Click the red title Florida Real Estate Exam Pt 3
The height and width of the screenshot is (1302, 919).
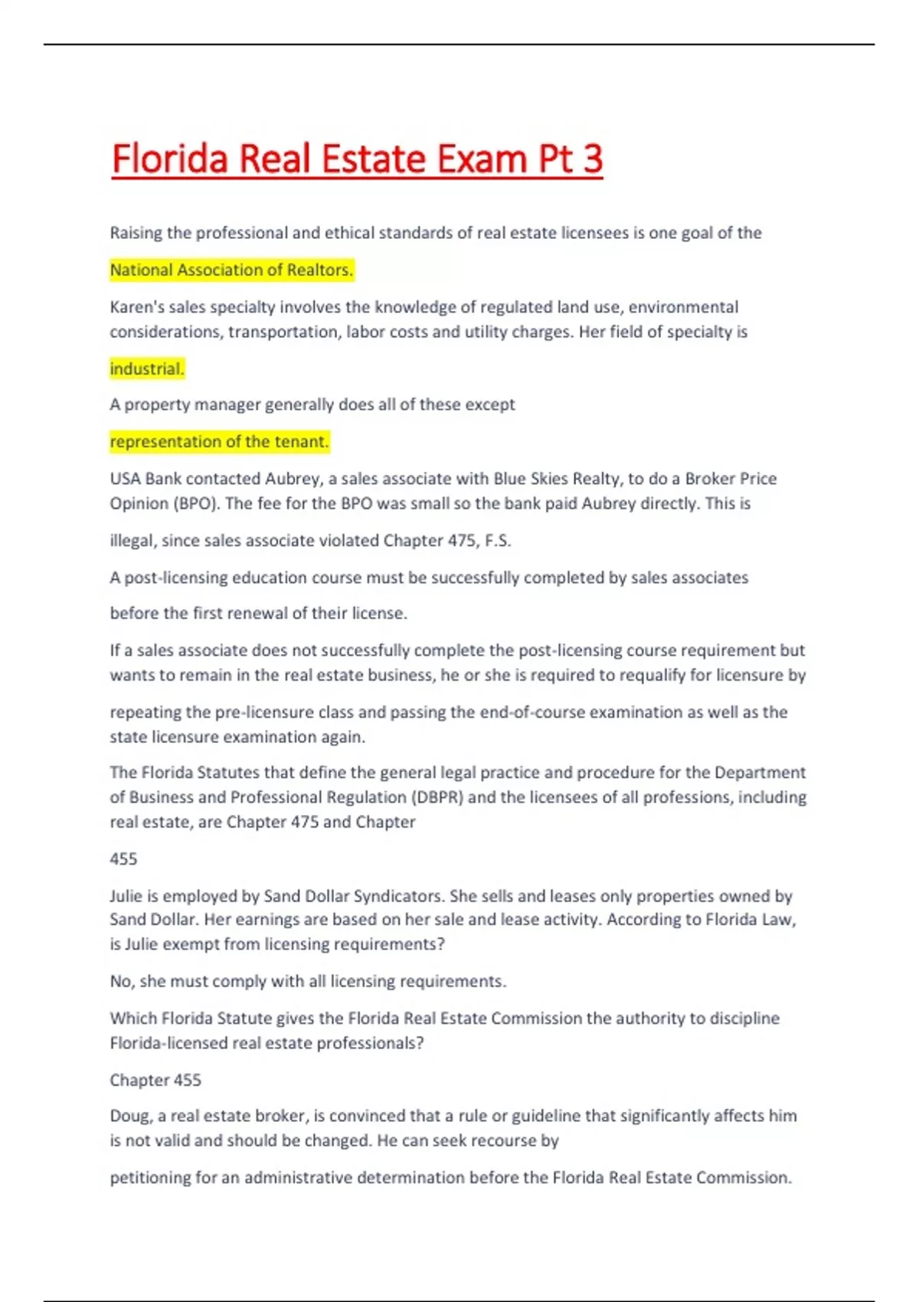click(x=357, y=159)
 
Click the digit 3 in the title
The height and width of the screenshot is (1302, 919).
click(x=592, y=159)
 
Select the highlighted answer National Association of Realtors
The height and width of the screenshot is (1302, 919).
click(x=231, y=270)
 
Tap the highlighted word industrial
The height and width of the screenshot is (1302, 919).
click(x=147, y=368)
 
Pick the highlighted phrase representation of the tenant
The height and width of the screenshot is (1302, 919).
click(x=219, y=441)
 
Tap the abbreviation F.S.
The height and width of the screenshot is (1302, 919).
click(x=498, y=540)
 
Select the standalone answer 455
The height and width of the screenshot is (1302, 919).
click(x=123, y=859)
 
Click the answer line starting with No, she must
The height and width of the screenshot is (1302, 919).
click(x=308, y=981)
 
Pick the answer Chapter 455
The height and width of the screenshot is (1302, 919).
click(x=155, y=1080)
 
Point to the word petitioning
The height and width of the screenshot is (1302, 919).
click(x=149, y=1177)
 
